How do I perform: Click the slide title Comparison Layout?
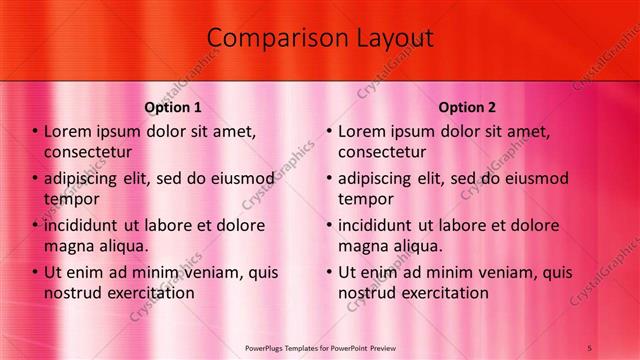(320, 38)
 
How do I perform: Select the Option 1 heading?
(173, 107)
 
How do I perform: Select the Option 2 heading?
(467, 107)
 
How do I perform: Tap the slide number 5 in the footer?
(590, 346)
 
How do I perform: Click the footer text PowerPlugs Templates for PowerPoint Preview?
(320, 346)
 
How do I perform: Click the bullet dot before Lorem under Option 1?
(35, 131)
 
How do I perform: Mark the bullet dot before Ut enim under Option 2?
(329, 272)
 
